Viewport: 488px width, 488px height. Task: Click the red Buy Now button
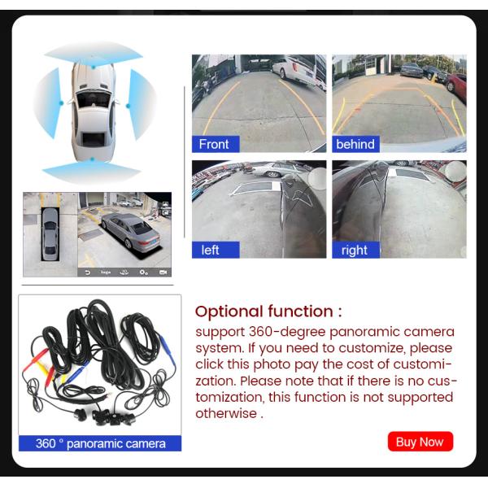pos(420,442)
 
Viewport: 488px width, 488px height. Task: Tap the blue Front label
pos(216,144)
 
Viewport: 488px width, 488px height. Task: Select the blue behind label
pos(355,144)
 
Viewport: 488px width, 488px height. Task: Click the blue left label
pos(216,250)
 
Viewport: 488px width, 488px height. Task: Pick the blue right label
pos(355,250)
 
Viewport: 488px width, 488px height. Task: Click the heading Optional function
pos(268,312)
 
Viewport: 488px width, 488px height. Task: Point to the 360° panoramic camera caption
pos(100,443)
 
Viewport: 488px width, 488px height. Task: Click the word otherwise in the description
pos(226,413)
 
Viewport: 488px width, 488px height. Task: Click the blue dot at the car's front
pos(93,67)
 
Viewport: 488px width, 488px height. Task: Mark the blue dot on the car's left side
pos(61,102)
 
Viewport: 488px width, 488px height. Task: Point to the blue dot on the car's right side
pos(128,106)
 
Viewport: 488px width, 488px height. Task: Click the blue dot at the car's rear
pos(92,159)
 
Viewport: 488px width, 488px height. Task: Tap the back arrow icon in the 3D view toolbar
pos(88,272)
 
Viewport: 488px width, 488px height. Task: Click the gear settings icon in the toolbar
pos(143,272)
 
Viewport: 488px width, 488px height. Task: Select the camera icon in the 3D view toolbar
pos(163,272)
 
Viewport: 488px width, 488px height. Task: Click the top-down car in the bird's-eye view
pos(50,234)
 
